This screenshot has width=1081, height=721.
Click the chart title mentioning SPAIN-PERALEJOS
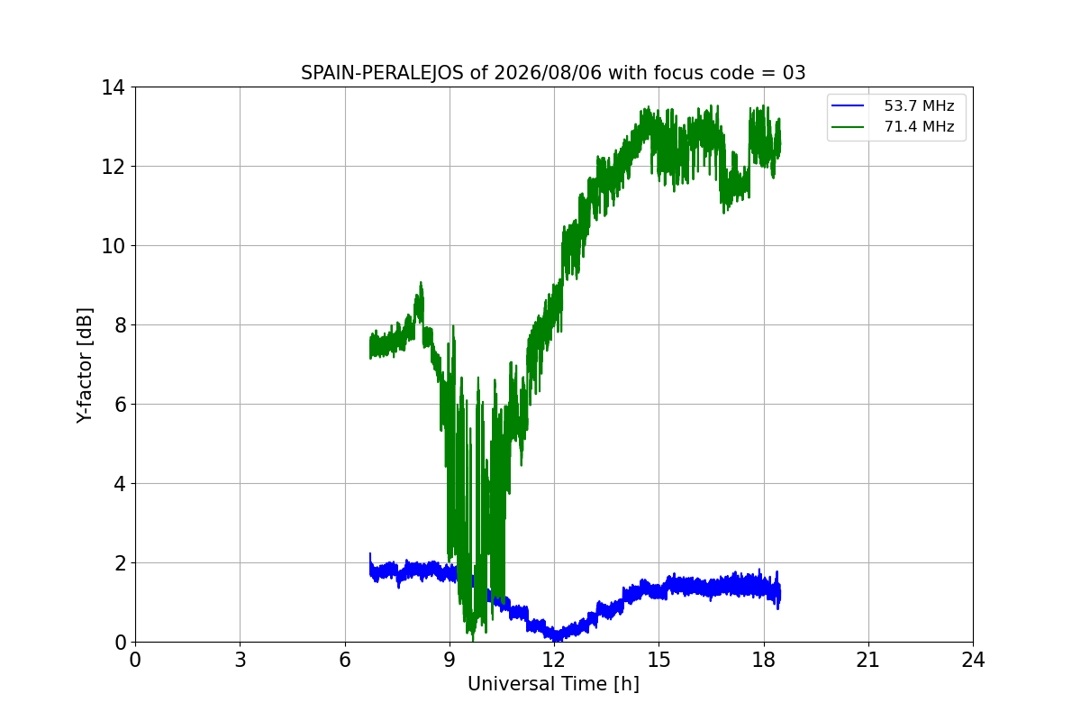(553, 73)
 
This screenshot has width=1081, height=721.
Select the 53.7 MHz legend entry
(893, 105)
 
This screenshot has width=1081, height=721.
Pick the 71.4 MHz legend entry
(893, 126)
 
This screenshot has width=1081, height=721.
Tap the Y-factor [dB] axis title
(84, 365)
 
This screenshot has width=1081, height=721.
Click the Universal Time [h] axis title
(553, 684)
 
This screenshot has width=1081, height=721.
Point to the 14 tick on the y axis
(113, 87)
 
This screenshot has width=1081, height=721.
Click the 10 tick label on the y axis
(113, 246)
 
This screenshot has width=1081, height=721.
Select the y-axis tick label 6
(120, 405)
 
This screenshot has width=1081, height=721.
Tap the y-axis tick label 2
(120, 563)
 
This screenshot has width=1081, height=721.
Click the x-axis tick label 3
(241, 660)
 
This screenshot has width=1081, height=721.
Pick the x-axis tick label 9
(450, 660)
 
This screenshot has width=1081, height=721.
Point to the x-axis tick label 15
(659, 660)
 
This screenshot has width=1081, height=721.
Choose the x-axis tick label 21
(868, 660)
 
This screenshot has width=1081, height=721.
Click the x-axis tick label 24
(973, 660)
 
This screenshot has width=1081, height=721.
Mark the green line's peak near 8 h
(421, 282)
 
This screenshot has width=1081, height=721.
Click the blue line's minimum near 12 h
(555, 639)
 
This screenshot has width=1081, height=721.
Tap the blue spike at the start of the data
(370, 554)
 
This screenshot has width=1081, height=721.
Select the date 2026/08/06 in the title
(549, 73)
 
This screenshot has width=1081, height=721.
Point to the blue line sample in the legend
(848, 105)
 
